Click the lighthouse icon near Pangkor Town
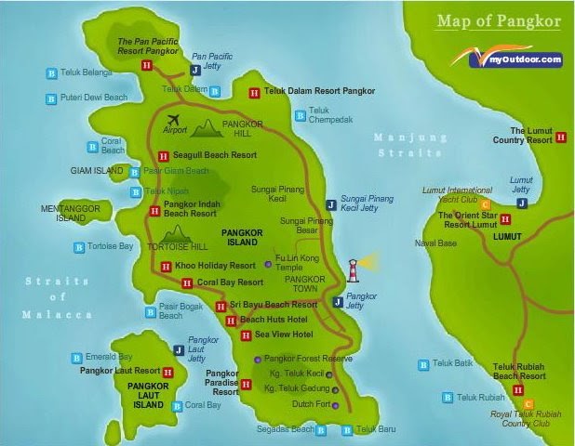coord(354,269)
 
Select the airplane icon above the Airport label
coord(174,120)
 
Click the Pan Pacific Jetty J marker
coord(195,70)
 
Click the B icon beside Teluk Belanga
coord(51,72)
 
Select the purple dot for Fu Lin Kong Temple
coord(268,265)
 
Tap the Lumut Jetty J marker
coord(522,203)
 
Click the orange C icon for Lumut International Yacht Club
coord(485,203)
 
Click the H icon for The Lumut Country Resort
coord(560,137)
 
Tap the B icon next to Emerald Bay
coord(75,357)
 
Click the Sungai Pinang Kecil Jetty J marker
coord(330,204)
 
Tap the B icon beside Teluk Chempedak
coord(300,115)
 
